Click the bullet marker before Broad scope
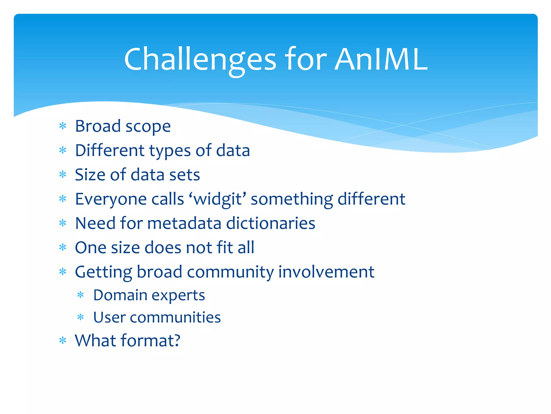[x=63, y=126]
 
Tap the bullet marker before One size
[x=63, y=247]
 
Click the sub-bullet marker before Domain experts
[x=81, y=295]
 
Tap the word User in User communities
[x=109, y=317]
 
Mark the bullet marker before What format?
[x=63, y=341]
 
